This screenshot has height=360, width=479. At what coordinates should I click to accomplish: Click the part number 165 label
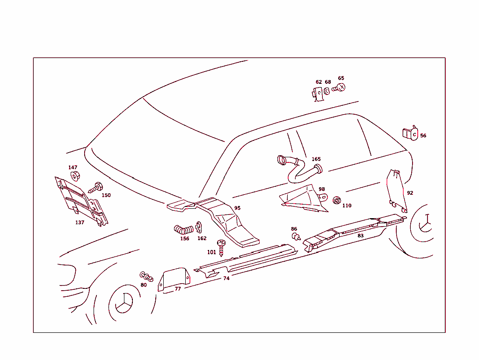click(316, 159)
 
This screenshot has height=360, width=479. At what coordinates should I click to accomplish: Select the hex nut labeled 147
click(75, 176)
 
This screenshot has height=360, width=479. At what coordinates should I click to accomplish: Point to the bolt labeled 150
click(95, 188)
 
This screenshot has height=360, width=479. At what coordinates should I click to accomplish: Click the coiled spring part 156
click(183, 229)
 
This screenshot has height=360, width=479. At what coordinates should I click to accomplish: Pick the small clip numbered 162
click(199, 227)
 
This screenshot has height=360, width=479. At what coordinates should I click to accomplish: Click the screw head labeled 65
click(339, 88)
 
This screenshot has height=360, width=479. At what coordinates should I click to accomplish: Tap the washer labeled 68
click(327, 91)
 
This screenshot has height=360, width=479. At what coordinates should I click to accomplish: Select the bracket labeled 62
click(318, 94)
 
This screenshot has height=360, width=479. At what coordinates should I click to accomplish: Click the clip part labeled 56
click(410, 133)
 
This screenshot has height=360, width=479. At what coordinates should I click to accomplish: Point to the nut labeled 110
click(337, 201)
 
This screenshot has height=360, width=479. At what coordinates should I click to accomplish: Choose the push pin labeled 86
click(296, 236)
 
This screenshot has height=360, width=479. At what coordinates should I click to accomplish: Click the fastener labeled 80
click(146, 277)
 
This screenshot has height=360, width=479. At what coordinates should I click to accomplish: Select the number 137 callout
click(80, 222)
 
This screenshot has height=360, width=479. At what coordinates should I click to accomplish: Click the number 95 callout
click(237, 208)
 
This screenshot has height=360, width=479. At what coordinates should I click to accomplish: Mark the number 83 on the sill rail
click(361, 235)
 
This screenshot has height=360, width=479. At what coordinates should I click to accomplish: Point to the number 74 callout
click(226, 279)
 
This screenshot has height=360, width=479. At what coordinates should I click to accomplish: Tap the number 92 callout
click(410, 193)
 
